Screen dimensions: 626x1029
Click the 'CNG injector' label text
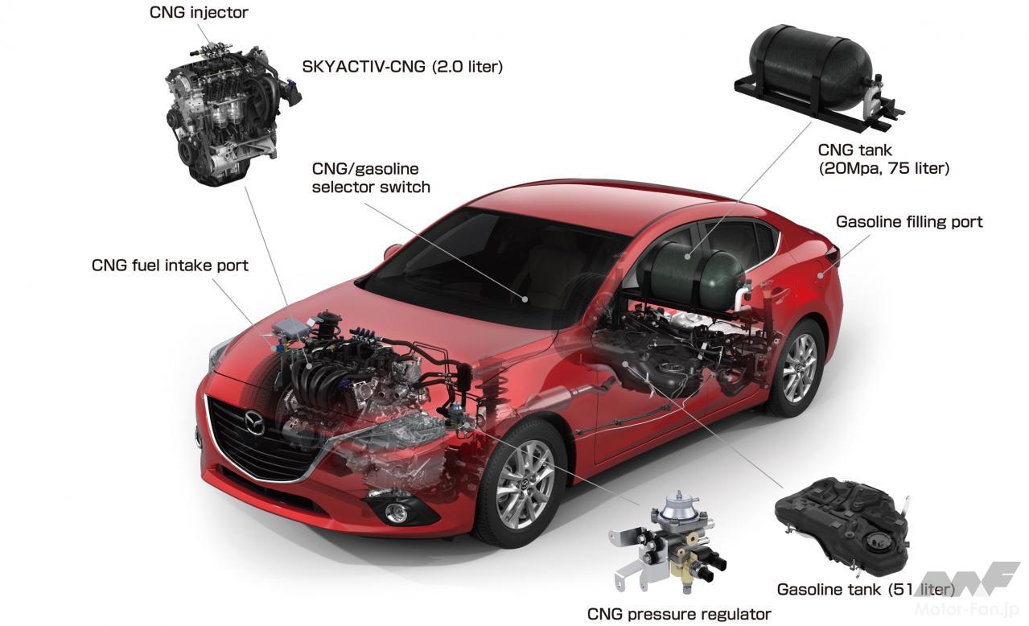pyautogui.click(x=199, y=12)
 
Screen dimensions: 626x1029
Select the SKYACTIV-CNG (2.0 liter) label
pyautogui.click(x=402, y=67)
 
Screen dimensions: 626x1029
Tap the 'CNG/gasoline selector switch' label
pyautogui.click(x=371, y=178)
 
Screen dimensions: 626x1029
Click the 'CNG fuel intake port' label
pyautogui.click(x=170, y=265)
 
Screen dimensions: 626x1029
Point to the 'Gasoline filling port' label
pyautogui.click(x=909, y=221)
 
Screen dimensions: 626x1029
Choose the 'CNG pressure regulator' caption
pyautogui.click(x=679, y=614)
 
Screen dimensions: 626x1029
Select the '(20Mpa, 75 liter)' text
pyautogui.click(x=883, y=168)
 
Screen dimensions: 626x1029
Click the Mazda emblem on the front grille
pyautogui.click(x=254, y=423)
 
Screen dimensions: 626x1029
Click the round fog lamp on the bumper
pyautogui.click(x=396, y=513)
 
